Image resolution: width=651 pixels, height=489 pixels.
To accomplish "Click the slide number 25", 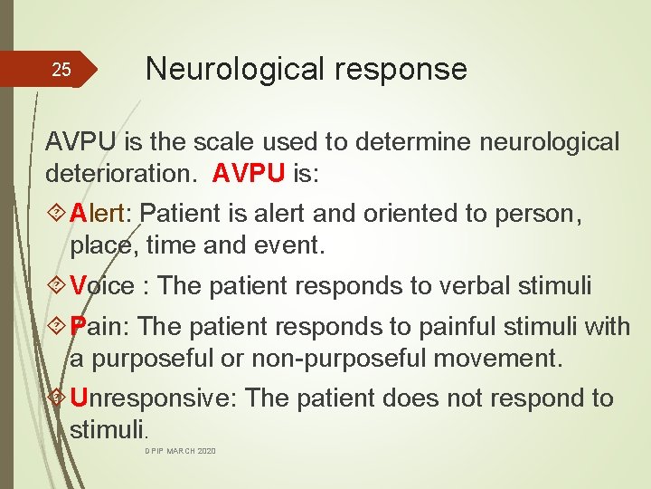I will pos(61,70).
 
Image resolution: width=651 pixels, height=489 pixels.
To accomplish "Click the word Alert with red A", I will pos(101,215).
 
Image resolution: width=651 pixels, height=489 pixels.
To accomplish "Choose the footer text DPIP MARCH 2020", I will pos(181,451).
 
